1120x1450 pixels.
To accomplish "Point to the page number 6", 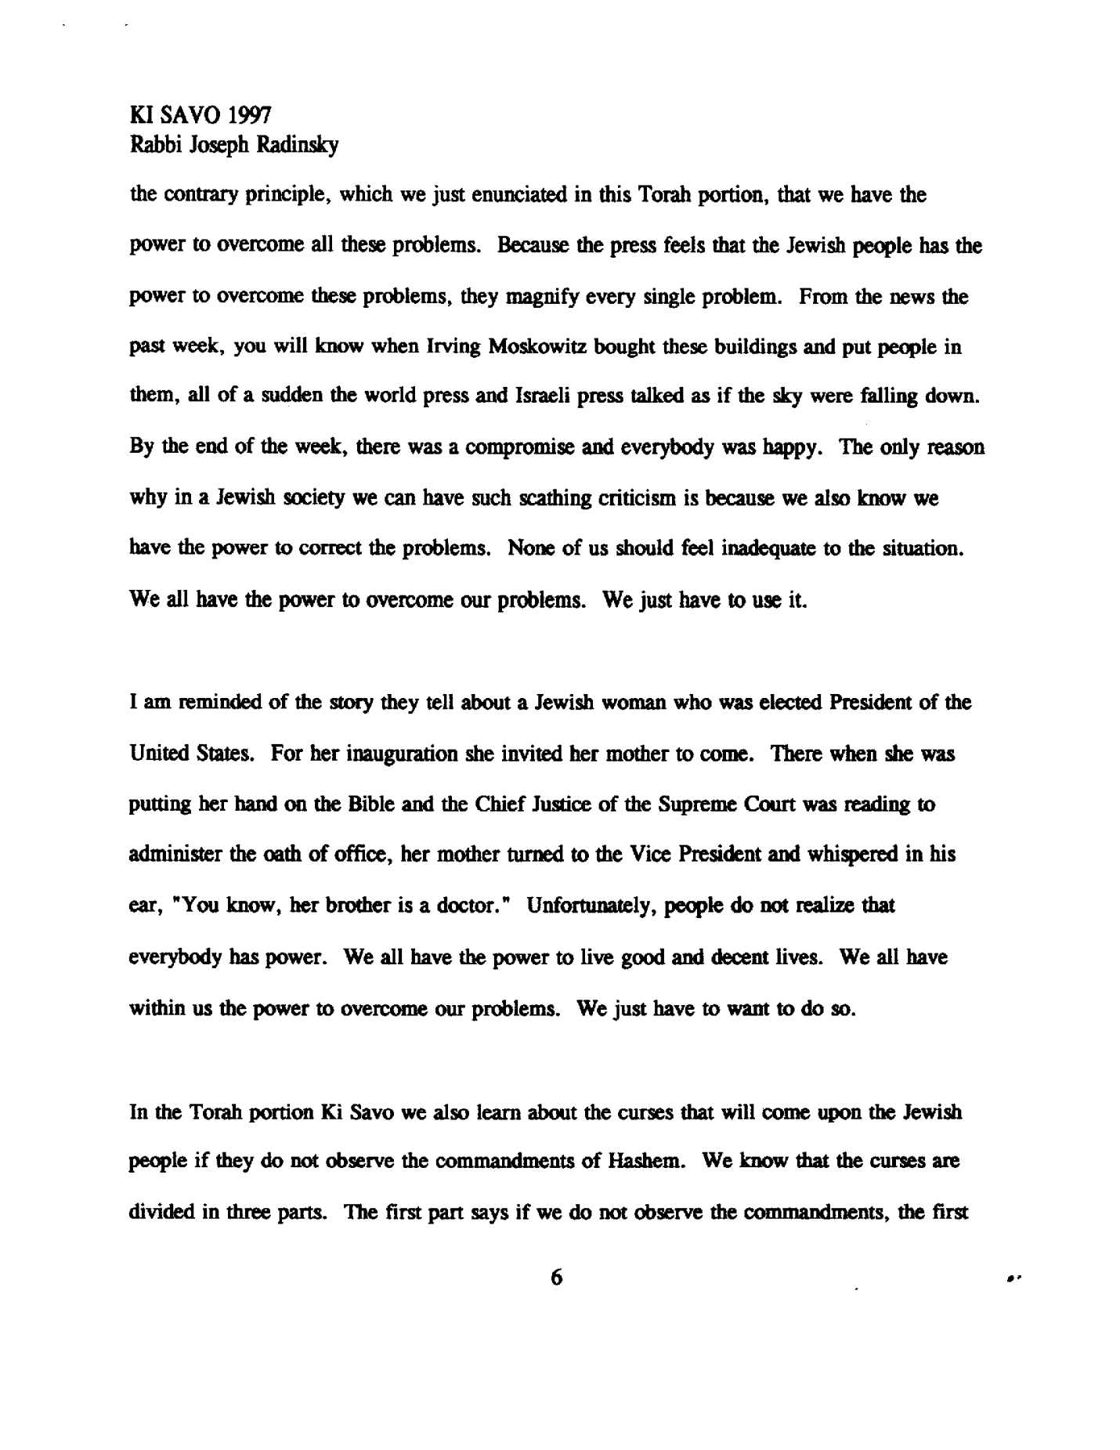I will pyautogui.click(x=556, y=1278).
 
